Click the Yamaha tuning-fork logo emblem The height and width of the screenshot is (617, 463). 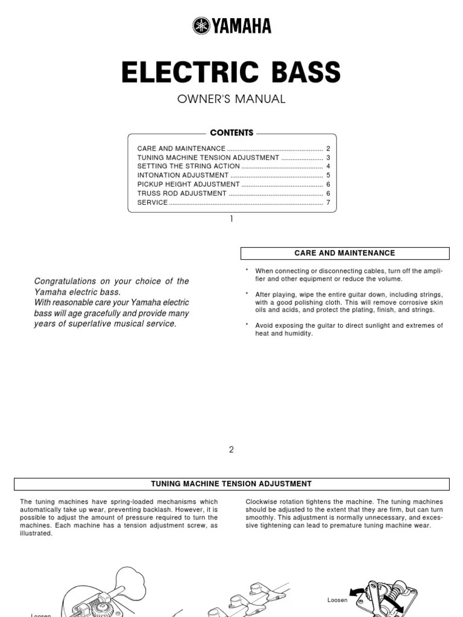(201, 26)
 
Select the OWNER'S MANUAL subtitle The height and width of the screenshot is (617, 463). (231, 99)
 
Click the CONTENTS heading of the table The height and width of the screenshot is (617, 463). (231, 133)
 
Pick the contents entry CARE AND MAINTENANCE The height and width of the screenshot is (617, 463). (181, 148)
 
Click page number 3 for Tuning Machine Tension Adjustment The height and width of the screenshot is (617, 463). (328, 157)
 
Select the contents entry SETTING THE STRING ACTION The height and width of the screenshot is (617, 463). (189, 166)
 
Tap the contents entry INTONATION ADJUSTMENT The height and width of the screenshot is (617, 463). (183, 175)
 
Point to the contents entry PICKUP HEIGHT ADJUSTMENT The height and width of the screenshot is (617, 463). (189, 184)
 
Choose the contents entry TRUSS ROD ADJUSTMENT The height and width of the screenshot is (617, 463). (182, 193)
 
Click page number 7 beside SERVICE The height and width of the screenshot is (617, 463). (328, 202)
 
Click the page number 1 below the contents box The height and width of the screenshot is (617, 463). (231, 219)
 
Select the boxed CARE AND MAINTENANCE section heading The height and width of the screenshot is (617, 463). (345, 253)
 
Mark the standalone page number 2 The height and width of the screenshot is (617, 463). (231, 449)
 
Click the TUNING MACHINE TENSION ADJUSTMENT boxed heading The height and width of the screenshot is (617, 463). (231, 484)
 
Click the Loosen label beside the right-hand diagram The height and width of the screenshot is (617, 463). (338, 600)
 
